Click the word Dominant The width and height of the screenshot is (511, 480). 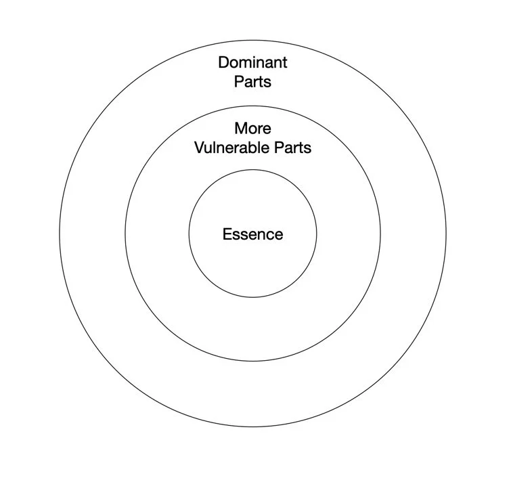[252, 63]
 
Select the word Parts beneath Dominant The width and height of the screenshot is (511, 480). [252, 81]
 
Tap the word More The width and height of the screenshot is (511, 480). [252, 129]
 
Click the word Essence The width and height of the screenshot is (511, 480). [252, 235]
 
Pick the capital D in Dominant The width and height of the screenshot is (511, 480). [223, 63]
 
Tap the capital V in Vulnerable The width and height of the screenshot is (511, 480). [199, 147]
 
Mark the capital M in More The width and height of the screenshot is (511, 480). [240, 129]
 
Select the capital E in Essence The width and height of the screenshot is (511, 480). [227, 235]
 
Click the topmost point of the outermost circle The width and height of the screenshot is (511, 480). [252, 41]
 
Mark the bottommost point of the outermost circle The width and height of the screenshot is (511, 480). [252, 428]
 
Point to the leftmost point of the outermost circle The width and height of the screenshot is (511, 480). [60, 234]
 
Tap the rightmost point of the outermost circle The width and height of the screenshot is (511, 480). [446, 234]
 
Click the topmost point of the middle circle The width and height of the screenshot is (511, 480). [252, 106]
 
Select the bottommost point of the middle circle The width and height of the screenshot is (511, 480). [252, 362]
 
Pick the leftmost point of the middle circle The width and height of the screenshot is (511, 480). [125, 234]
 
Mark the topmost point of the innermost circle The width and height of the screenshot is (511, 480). [252, 171]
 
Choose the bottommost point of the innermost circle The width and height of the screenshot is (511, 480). [252, 298]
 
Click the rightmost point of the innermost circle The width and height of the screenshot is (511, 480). [316, 234]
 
